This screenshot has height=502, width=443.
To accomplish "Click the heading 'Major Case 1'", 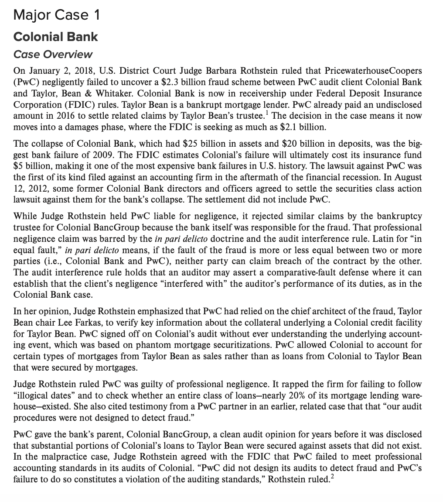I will [x=57, y=16].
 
